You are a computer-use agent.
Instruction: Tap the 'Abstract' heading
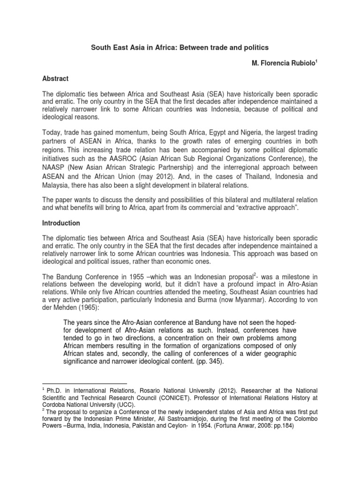[x=56, y=79]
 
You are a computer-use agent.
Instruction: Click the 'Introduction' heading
[x=61, y=223]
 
